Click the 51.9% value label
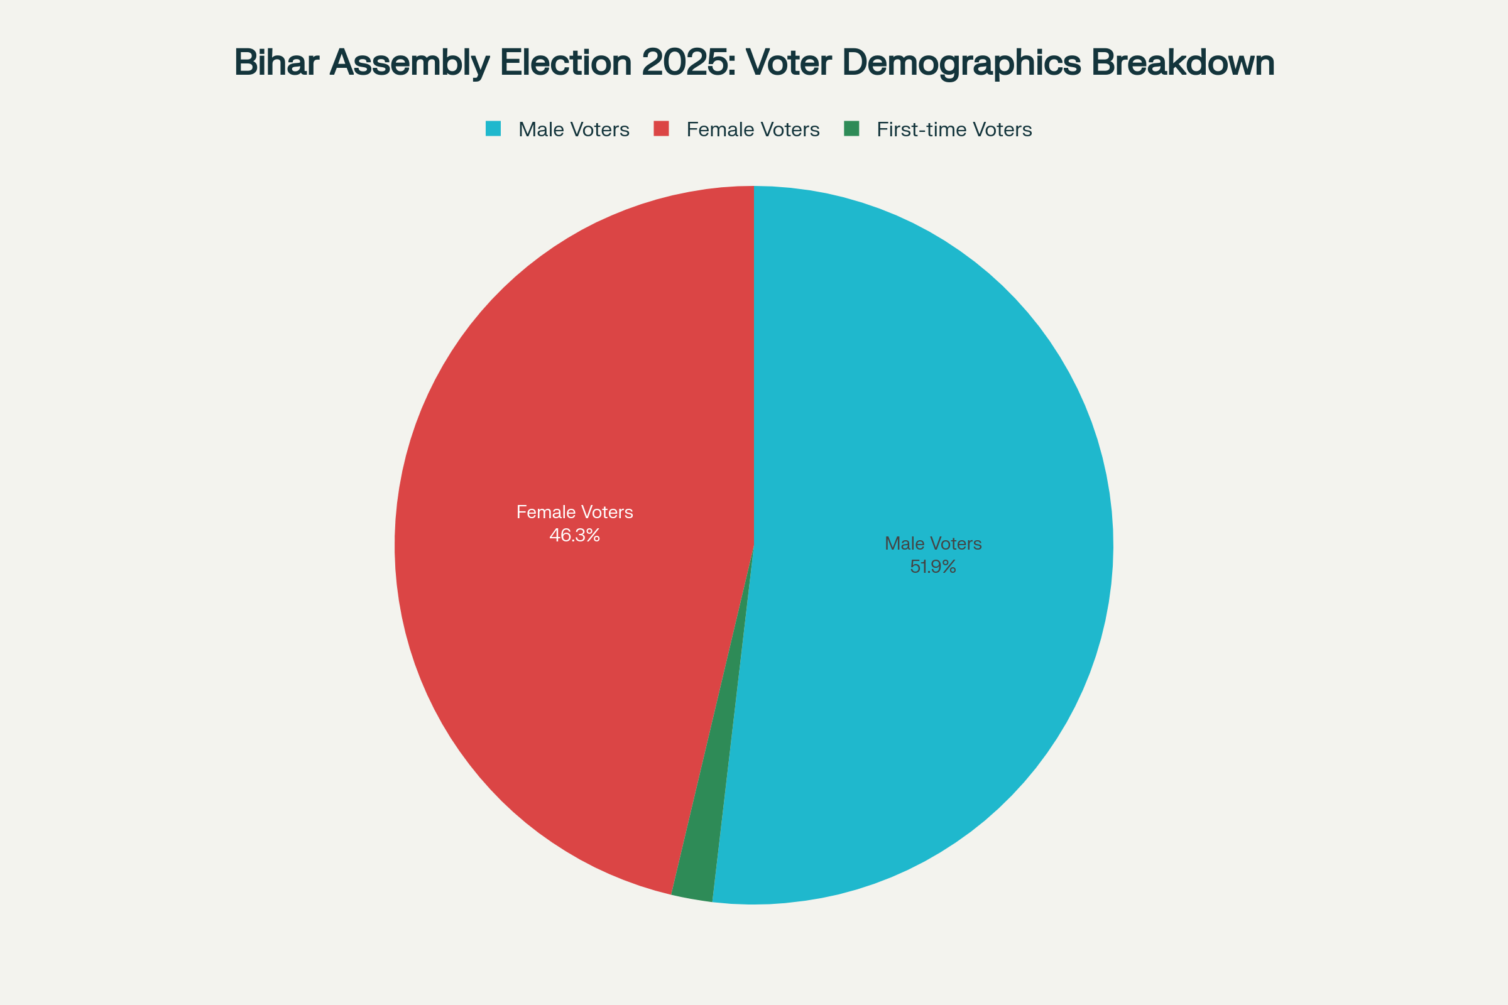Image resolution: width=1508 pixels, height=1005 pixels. tap(933, 567)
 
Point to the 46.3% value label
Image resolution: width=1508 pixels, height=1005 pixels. tap(574, 535)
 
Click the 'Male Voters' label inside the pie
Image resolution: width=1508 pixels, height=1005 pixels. tap(933, 543)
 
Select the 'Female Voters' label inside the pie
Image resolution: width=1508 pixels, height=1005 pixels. tap(574, 512)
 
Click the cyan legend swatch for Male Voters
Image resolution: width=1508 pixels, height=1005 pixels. tap(493, 129)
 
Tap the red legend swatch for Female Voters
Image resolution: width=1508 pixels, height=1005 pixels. tap(661, 129)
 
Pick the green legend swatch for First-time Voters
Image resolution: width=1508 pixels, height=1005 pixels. tap(851, 129)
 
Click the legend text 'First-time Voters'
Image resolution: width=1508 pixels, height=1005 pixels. tap(954, 129)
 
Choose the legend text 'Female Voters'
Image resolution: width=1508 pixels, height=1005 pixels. tap(753, 129)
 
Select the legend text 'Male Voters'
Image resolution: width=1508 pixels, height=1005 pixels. tap(574, 129)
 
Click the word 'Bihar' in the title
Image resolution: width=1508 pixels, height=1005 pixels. tap(277, 63)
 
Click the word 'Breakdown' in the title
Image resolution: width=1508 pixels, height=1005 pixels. tap(1183, 63)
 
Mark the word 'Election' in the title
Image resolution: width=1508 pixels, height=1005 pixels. tap(566, 63)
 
